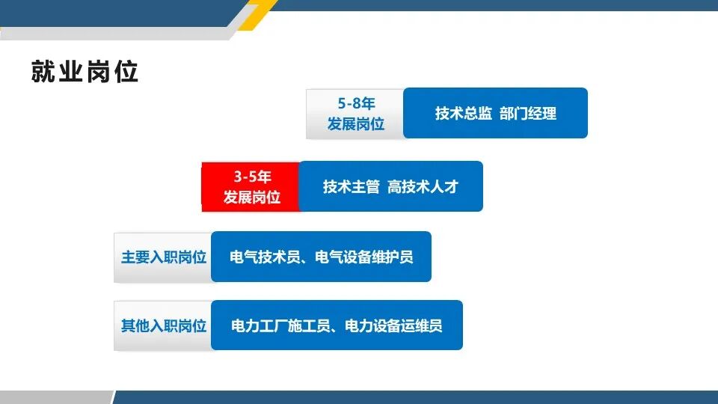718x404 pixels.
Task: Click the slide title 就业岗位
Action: click(x=85, y=72)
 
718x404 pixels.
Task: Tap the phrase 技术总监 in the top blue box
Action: click(x=464, y=114)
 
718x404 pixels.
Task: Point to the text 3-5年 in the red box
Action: click(x=252, y=177)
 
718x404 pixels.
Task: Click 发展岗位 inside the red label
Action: click(x=252, y=198)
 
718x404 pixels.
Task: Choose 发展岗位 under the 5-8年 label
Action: click(x=355, y=124)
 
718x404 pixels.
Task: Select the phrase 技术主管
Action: click(x=352, y=187)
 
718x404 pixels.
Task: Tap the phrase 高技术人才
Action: click(x=423, y=187)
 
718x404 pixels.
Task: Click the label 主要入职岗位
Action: click(x=164, y=257)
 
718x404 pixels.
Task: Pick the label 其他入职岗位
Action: click(x=164, y=326)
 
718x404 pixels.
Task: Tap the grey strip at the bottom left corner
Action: click(x=52, y=397)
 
